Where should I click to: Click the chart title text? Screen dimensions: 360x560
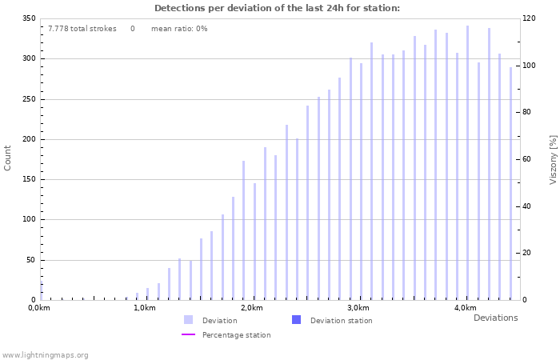point(277,8)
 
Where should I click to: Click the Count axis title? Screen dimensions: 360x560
point(8,158)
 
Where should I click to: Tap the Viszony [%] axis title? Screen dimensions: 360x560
point(552,159)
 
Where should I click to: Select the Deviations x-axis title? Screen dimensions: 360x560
point(495,318)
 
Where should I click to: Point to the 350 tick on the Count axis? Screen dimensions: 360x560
point(29,18)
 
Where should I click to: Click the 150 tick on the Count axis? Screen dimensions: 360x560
point(29,179)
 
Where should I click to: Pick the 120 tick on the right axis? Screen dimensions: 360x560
point(528,18)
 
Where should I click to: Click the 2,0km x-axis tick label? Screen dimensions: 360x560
point(251,308)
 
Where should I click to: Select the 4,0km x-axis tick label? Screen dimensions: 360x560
point(465,308)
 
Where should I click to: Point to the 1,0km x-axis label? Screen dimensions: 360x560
point(144,308)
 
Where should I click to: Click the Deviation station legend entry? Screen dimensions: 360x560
point(341,321)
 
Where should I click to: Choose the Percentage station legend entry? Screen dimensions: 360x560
point(236,335)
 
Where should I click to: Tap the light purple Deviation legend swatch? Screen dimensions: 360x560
point(188,320)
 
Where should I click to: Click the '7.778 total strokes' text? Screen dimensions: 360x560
point(82,29)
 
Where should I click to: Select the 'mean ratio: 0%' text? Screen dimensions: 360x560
point(179,29)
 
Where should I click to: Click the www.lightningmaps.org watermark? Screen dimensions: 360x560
point(45,354)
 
